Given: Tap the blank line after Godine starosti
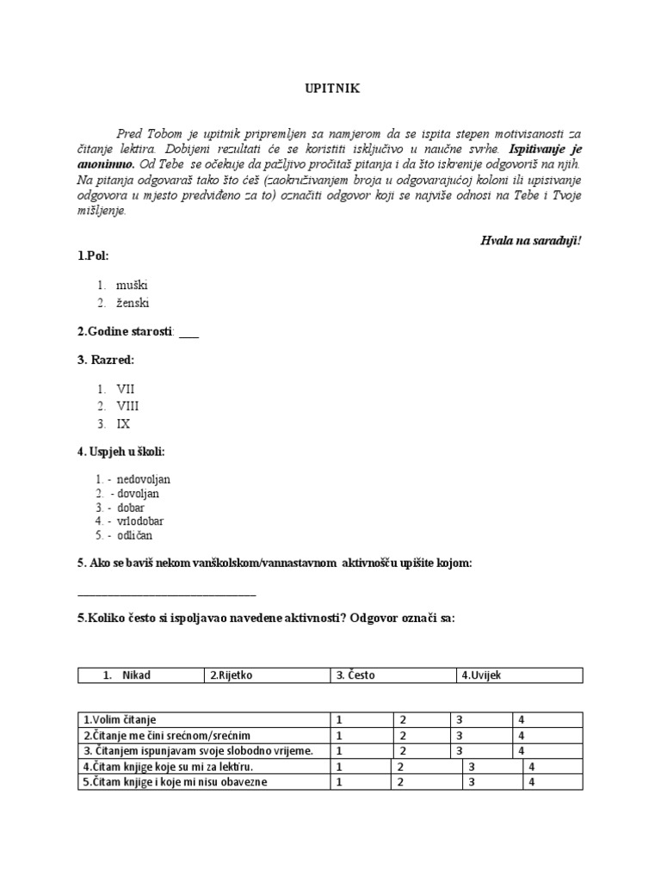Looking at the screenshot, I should (188, 332).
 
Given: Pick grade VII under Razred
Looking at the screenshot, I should (126, 389).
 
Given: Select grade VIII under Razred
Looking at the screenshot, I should (127, 406).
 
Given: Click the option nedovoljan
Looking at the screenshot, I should (145, 478).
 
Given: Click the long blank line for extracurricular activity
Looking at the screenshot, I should (166, 593).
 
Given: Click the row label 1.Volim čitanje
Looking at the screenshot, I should (120, 719).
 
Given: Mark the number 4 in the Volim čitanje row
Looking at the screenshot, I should (521, 719).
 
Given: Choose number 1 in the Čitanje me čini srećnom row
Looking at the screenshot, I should (340, 736).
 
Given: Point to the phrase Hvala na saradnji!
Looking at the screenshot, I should (531, 240).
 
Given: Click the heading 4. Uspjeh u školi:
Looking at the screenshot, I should (120, 452).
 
